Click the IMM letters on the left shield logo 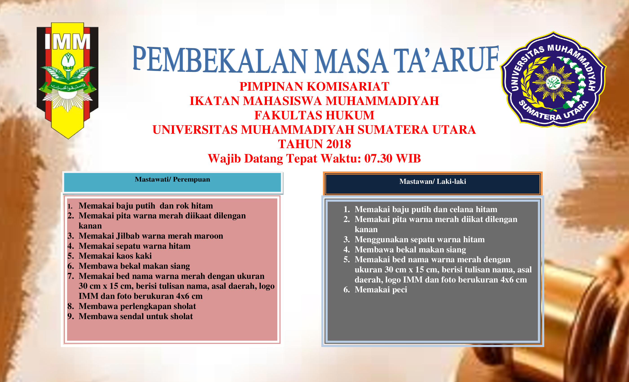pyautogui.click(x=67, y=42)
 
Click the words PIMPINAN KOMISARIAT pyautogui.click(x=314, y=87)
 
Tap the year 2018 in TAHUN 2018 pyautogui.click(x=338, y=144)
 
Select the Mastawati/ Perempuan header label pyautogui.click(x=172, y=179)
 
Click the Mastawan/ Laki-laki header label pyautogui.click(x=432, y=181)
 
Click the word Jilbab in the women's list pyautogui.click(x=128, y=236)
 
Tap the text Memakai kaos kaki pyautogui.click(x=115, y=256)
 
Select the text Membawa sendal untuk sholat pyautogui.click(x=135, y=316)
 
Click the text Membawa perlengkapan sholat pyautogui.click(x=137, y=306)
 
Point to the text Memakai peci pyautogui.click(x=381, y=290)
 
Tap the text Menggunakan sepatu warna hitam pyautogui.click(x=419, y=240)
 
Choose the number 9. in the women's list pyautogui.click(x=71, y=316)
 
